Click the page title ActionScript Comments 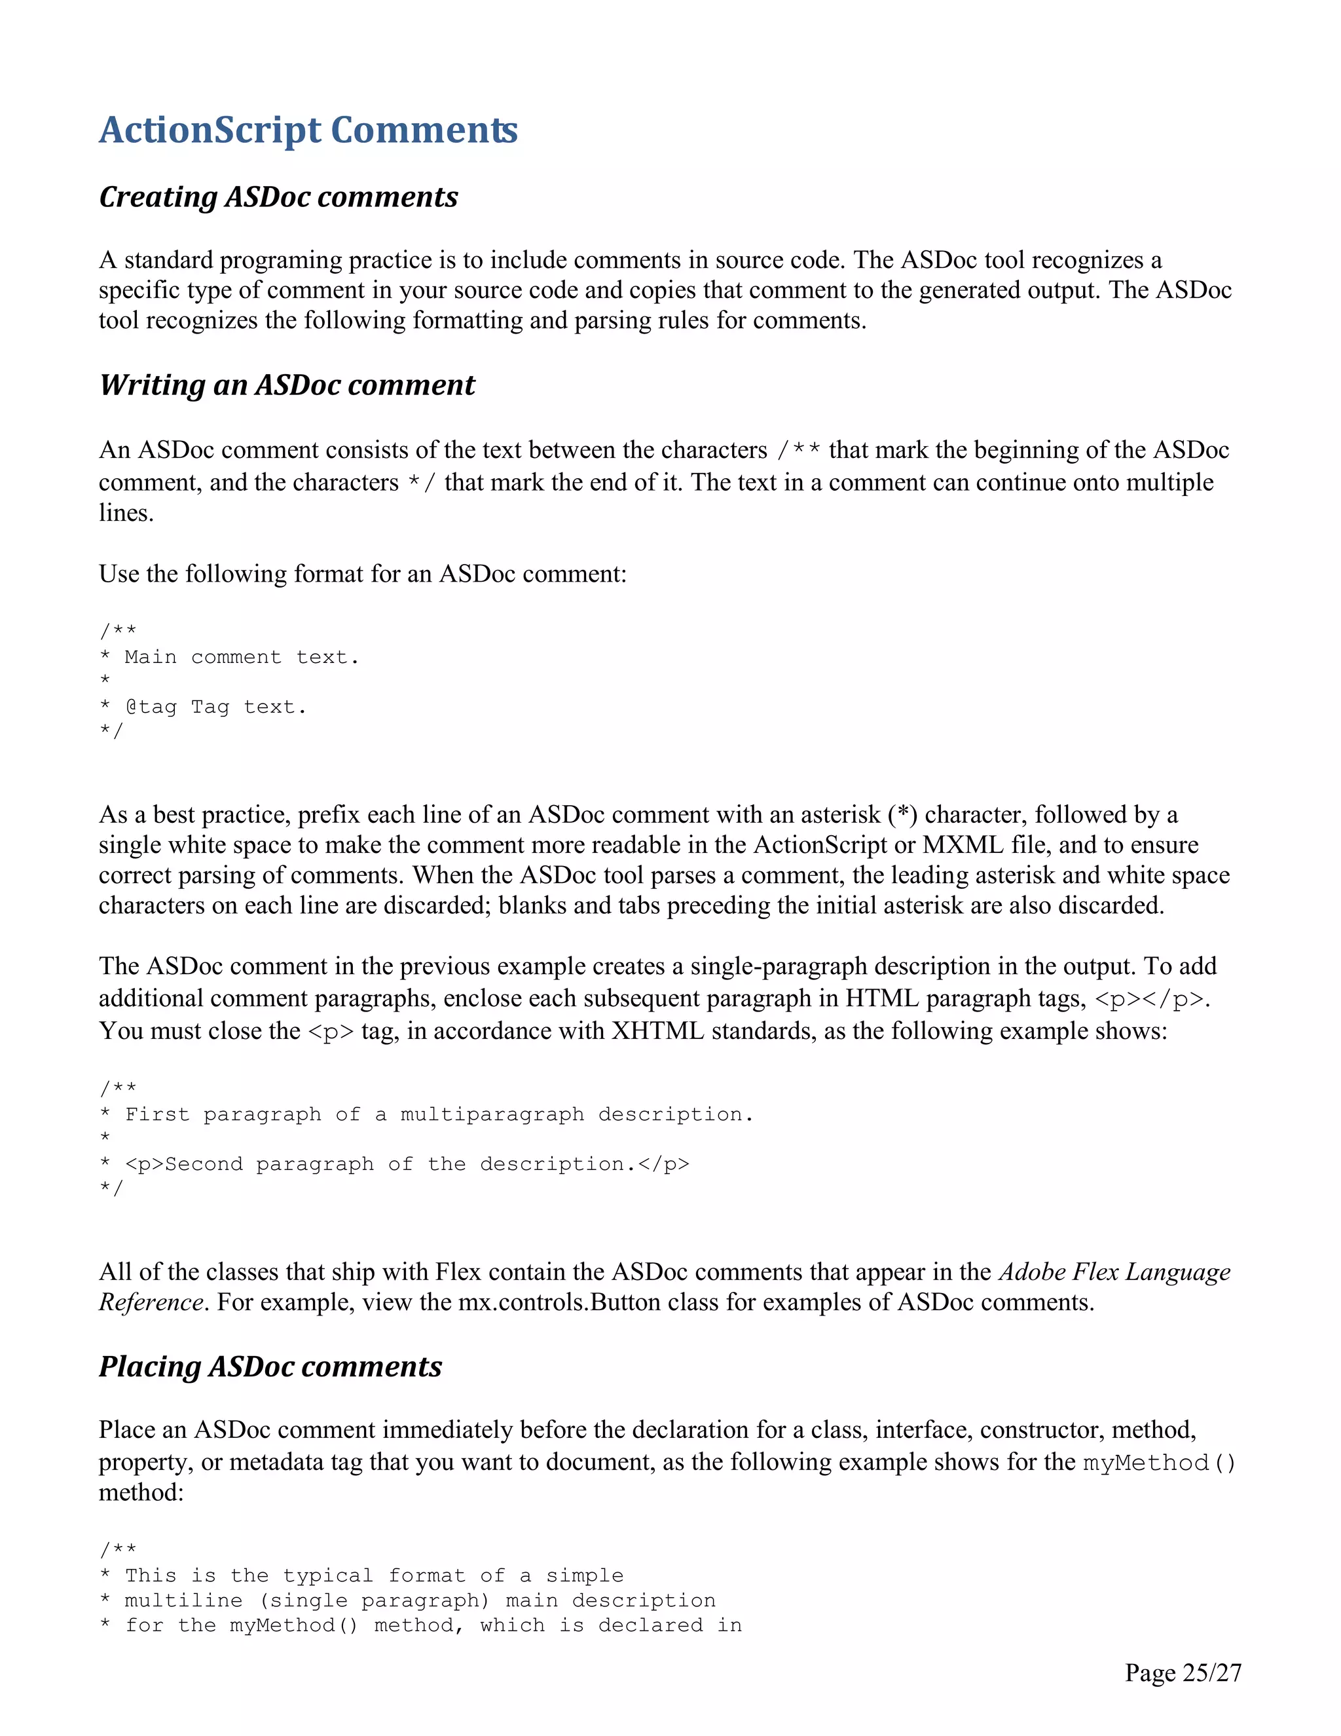pyautogui.click(x=308, y=130)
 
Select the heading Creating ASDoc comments pyautogui.click(x=278, y=197)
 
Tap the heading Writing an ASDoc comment pyautogui.click(x=287, y=385)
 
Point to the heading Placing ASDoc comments pyautogui.click(x=270, y=1367)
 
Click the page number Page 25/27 pyautogui.click(x=1182, y=1673)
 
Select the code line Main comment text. pyautogui.click(x=241, y=657)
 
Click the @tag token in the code pyautogui.click(x=151, y=707)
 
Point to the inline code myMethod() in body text pyautogui.click(x=1159, y=1463)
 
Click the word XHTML pyautogui.click(x=657, y=1031)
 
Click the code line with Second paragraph pyautogui.click(x=407, y=1165)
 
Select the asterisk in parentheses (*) pyautogui.click(x=902, y=815)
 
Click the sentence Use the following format pyautogui.click(x=362, y=574)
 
